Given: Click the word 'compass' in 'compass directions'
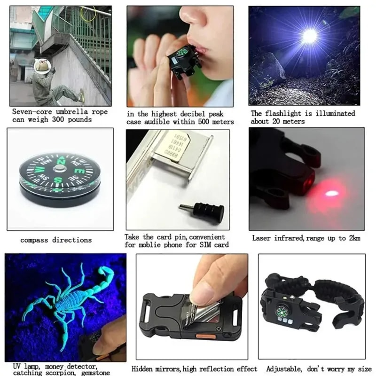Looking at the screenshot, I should point(34,240).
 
